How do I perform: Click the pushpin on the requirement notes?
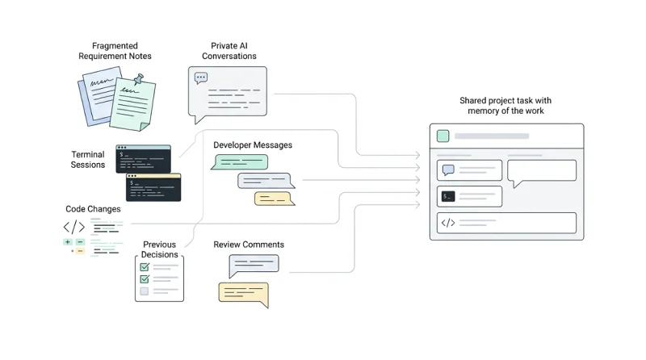(x=139, y=78)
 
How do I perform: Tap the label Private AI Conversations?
(x=229, y=51)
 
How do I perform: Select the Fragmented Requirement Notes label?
(x=115, y=51)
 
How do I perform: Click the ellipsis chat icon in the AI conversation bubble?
(x=201, y=77)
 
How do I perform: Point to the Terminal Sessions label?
(x=88, y=159)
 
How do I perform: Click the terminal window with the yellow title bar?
(x=153, y=187)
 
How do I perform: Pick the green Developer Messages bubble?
(x=240, y=162)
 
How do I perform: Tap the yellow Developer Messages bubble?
(x=275, y=199)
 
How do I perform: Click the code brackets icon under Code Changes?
(x=74, y=227)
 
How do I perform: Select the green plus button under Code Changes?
(x=68, y=242)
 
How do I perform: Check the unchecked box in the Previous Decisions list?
(x=145, y=291)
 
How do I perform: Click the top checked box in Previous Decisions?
(x=145, y=267)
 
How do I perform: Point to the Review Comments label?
(x=249, y=245)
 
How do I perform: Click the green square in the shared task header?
(x=443, y=136)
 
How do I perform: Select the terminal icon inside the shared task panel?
(x=448, y=196)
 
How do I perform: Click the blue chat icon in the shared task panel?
(x=448, y=170)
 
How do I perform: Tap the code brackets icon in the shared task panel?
(x=448, y=223)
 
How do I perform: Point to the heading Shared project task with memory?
(x=505, y=106)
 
